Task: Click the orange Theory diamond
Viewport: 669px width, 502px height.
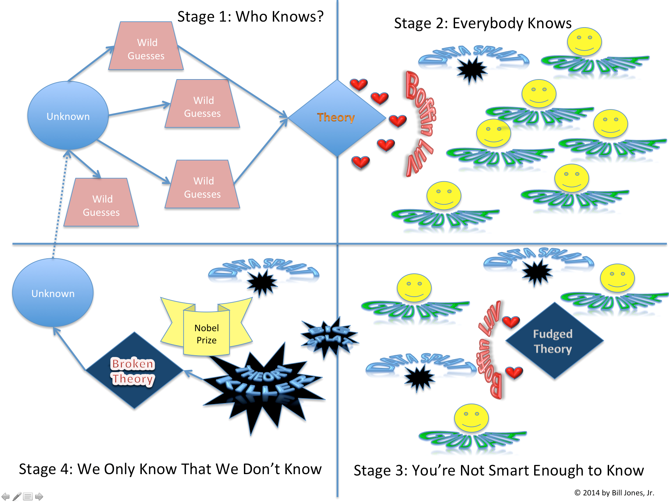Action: [x=337, y=118]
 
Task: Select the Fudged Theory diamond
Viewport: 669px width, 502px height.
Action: [x=554, y=341]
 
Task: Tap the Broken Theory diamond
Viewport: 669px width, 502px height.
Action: [x=134, y=371]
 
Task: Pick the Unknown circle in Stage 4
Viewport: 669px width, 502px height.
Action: [x=53, y=293]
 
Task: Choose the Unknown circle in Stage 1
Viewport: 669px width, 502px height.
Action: [x=68, y=116]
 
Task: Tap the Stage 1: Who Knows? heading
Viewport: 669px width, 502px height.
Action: [x=250, y=17]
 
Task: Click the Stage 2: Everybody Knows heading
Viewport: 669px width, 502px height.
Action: [x=483, y=23]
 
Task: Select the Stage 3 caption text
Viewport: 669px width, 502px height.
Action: [x=499, y=471]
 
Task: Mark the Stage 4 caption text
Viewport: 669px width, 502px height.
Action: [x=170, y=469]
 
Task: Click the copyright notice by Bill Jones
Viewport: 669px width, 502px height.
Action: [x=614, y=493]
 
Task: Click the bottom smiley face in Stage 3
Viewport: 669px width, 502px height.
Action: [x=471, y=418]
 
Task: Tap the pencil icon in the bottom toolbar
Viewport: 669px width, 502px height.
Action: [x=17, y=496]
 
